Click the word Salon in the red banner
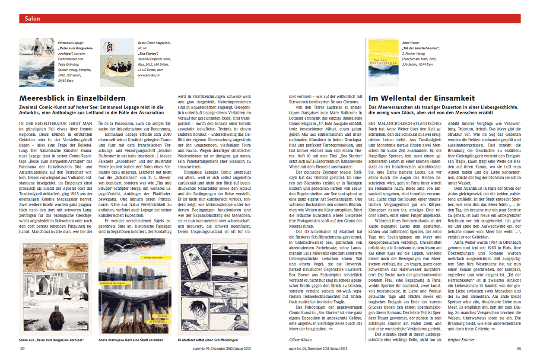(32, 19)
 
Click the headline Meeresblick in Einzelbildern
(73, 98)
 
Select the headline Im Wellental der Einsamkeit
(421, 98)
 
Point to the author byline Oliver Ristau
(301, 339)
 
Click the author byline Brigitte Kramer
(461, 339)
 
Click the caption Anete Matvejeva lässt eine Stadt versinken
(131, 340)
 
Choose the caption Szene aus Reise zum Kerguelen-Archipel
(51, 340)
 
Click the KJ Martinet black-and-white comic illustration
(214, 287)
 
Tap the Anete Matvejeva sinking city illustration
(135, 287)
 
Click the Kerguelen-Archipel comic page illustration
(56, 287)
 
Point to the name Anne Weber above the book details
(411, 43)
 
